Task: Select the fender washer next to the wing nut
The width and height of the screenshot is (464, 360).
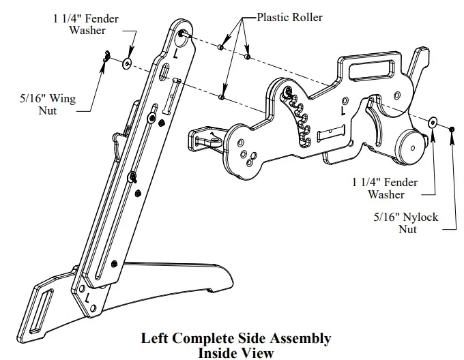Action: coord(127,64)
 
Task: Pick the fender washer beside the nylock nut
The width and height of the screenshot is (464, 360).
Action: coord(433,122)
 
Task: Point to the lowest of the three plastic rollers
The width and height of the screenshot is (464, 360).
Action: coord(222,98)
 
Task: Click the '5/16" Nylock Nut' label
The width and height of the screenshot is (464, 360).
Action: coord(407,223)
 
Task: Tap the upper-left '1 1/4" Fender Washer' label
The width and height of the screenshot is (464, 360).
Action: coord(85,25)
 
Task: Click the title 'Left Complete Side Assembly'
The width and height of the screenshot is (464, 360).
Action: coord(235,338)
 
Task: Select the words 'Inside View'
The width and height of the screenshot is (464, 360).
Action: coord(235,352)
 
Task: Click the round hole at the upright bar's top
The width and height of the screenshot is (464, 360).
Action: coord(183,32)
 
